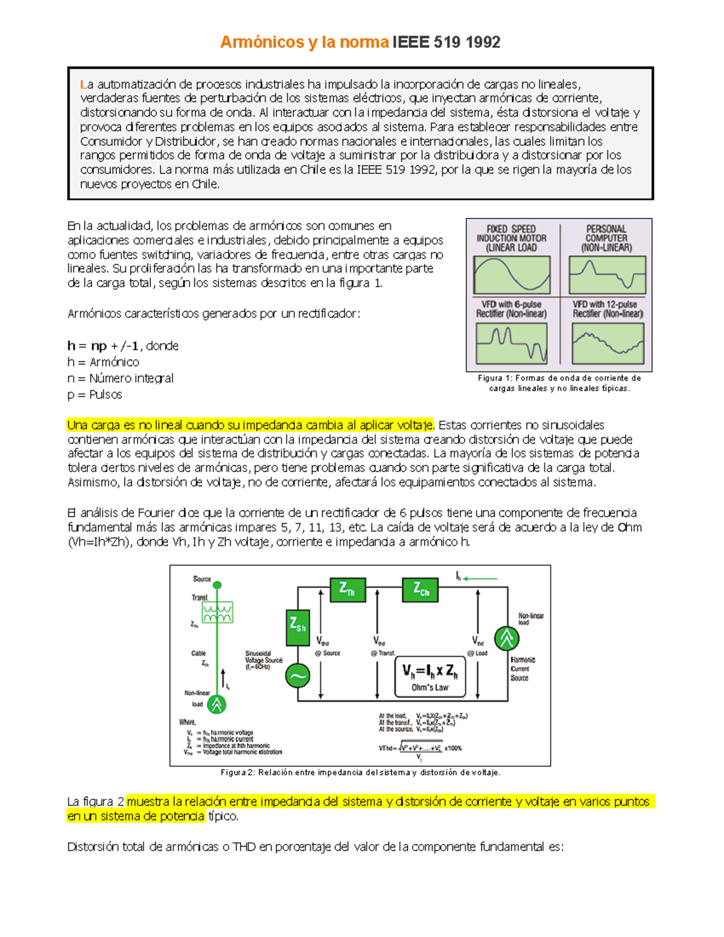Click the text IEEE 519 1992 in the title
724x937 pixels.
click(446, 42)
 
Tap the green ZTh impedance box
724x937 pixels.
click(348, 589)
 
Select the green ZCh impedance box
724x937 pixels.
click(420, 589)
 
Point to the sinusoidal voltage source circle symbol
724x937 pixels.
click(297, 676)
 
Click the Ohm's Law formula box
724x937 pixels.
click(430, 677)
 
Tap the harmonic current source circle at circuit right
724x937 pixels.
click(506, 638)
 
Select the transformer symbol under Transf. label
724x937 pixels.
click(217, 612)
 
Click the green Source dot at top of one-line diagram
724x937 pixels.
click(217, 585)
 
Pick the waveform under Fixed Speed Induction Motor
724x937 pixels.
click(512, 275)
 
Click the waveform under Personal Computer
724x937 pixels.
click(607, 275)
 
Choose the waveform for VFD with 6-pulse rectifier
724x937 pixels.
click(512, 343)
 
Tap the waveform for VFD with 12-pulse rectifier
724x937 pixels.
click(608, 343)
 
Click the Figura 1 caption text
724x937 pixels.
click(559, 383)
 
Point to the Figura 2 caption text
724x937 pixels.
click(360, 772)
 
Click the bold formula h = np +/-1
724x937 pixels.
click(103, 346)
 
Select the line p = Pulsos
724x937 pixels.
click(95, 395)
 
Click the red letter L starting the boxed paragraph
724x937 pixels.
click(83, 84)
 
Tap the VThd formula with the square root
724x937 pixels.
click(420, 749)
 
